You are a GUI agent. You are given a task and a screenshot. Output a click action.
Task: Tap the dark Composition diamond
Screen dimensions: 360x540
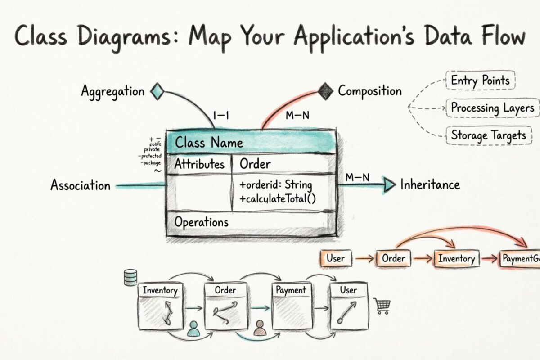pyautogui.click(x=325, y=91)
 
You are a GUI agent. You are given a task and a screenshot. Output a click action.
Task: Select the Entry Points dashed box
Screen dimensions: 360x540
pyautogui.click(x=480, y=81)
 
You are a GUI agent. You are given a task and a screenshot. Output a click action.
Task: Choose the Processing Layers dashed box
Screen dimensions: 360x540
pyautogui.click(x=493, y=108)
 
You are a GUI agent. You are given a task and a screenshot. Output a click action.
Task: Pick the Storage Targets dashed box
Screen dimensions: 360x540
pyautogui.click(x=488, y=135)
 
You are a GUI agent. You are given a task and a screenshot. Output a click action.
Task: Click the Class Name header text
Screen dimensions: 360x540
pyautogui.click(x=209, y=143)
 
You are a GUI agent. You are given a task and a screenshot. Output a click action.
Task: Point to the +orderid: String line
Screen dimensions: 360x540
pyautogui.click(x=276, y=185)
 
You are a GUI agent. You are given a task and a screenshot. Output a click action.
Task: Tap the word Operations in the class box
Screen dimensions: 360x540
pyautogui.click(x=201, y=222)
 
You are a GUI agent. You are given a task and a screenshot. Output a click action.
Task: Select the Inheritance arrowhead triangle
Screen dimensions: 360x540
pyautogui.click(x=388, y=184)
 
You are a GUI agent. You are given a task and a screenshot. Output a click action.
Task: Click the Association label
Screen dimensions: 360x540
pyautogui.click(x=80, y=185)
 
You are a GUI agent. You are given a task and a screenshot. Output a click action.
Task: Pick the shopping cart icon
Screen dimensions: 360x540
pyautogui.click(x=382, y=306)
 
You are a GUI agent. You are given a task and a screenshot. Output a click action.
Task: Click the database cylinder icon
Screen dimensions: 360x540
pyautogui.click(x=130, y=277)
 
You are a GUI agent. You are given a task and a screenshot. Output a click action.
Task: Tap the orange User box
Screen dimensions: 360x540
pyautogui.click(x=336, y=258)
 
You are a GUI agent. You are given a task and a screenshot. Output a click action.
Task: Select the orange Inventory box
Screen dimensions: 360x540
pyautogui.click(x=456, y=259)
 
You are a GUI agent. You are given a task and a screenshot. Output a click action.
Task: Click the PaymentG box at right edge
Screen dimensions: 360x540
pyautogui.click(x=520, y=259)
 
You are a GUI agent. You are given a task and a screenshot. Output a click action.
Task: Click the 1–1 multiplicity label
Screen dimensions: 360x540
pyautogui.click(x=222, y=116)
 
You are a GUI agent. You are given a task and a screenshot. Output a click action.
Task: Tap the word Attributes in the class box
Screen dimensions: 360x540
pyautogui.click(x=199, y=164)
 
